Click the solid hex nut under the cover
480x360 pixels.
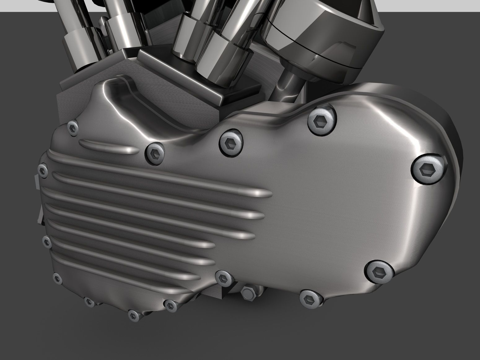[x=248, y=292]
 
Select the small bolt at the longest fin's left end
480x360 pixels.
[x=42, y=170]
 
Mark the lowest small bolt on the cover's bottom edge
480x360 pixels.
[x=134, y=315]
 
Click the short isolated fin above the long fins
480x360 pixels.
[x=108, y=147]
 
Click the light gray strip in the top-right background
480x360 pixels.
[x=434, y=5]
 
